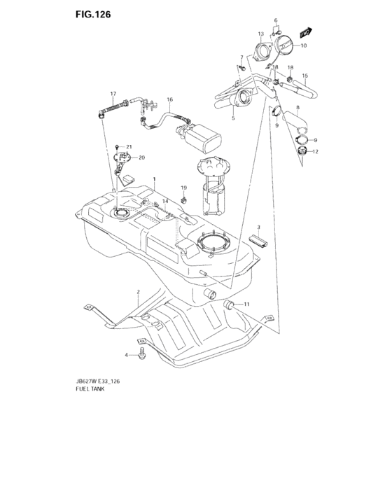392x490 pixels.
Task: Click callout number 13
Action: pos(260,34)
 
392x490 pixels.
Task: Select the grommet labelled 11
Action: pos(230,304)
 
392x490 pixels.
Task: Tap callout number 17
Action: pos(112,94)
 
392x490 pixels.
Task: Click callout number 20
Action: pos(141,157)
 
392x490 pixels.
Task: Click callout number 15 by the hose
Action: pos(304,76)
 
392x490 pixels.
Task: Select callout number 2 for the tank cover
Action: pos(138,291)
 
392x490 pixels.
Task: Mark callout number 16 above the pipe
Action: pos(169,99)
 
